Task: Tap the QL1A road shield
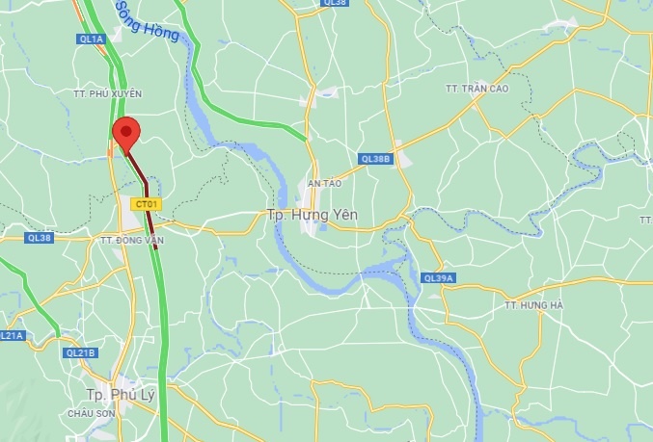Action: tap(90, 39)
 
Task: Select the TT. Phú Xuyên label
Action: tap(107, 93)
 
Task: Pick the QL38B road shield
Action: tap(375, 158)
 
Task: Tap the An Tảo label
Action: tap(325, 182)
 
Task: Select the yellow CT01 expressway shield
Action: tap(147, 204)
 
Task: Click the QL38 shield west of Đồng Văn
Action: tap(39, 237)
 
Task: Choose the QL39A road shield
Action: tap(438, 278)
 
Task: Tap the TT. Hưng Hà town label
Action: tap(531, 305)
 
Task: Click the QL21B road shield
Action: tap(81, 352)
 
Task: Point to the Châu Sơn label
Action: tap(92, 412)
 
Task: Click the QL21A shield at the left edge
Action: tap(10, 335)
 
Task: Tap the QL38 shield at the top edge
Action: tap(335, 3)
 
